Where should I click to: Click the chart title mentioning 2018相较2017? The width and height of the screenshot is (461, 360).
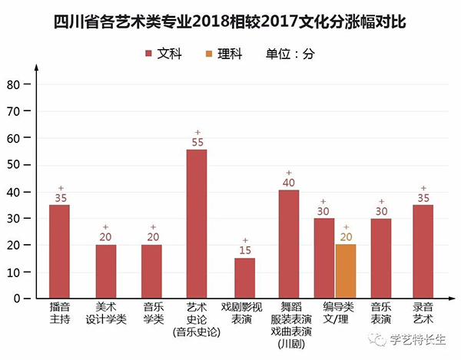[230, 22]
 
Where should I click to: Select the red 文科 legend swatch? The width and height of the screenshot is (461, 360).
[149, 54]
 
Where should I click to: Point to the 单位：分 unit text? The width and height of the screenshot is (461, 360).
[290, 54]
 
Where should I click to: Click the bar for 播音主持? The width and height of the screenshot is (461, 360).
[59, 251]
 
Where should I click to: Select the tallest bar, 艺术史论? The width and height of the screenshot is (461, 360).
[197, 223]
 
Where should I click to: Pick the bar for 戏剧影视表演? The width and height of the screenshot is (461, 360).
[244, 278]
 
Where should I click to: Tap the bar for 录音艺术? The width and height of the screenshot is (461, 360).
[423, 251]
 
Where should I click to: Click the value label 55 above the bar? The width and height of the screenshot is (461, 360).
[197, 142]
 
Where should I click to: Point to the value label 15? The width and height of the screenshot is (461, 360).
[244, 250]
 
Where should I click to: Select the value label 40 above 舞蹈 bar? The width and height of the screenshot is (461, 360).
[289, 183]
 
